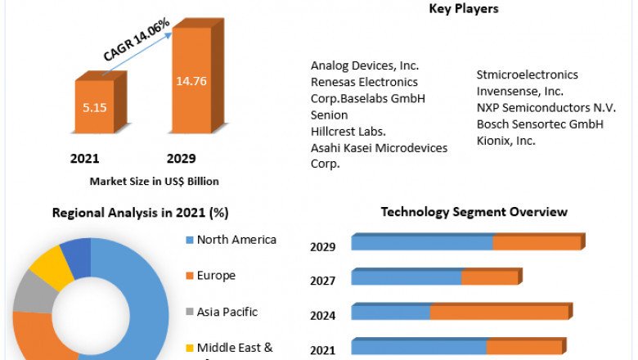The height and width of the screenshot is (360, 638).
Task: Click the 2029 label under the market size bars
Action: pos(181,158)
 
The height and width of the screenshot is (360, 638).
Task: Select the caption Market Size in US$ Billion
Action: pos(154,181)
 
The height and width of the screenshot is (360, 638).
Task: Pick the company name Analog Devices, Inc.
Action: pos(364,65)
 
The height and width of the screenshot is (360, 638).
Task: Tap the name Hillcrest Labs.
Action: pos(348,131)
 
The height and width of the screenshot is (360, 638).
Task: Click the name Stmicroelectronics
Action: pos(528,74)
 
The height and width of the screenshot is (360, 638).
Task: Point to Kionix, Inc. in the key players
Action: pos(506,140)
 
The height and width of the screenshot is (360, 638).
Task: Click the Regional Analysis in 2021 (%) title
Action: pos(140,213)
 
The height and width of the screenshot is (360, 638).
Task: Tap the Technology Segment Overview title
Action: pos(474,212)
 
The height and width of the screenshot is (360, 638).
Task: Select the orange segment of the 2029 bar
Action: pos(537,243)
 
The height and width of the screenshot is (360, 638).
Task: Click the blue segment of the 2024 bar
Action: pos(391,313)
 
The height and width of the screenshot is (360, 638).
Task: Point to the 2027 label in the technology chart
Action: pos(322,281)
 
